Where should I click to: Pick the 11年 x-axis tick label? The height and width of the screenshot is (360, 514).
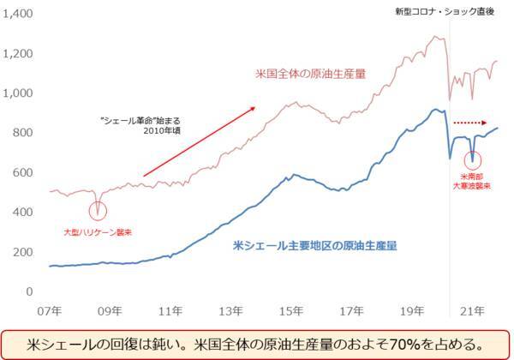[x=170, y=309]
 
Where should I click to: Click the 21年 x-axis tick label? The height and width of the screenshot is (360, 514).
[x=469, y=309]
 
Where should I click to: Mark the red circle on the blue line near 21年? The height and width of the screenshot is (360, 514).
[x=474, y=159]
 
